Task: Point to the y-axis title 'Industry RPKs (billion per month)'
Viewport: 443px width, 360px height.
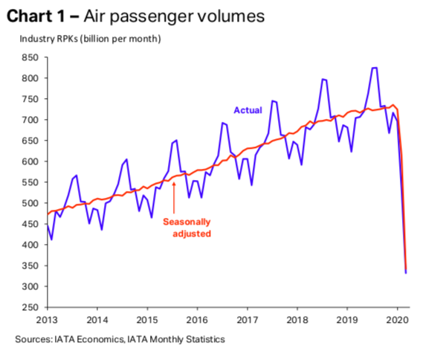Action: [x=91, y=39]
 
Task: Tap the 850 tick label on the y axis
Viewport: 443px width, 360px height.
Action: [x=30, y=57]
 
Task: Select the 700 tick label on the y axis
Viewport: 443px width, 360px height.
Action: [x=30, y=120]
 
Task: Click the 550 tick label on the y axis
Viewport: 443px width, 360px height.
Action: [x=30, y=182]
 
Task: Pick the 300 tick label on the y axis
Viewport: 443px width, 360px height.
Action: [x=30, y=286]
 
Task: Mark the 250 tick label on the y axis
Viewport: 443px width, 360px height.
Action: [x=30, y=307]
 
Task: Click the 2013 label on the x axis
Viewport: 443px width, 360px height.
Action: [x=47, y=320]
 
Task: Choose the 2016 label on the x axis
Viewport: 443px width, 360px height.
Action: [x=197, y=320]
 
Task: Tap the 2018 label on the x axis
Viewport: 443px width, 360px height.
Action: [x=297, y=320]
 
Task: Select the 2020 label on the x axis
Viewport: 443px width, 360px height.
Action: [x=398, y=320]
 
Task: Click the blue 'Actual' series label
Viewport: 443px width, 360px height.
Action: [x=248, y=110]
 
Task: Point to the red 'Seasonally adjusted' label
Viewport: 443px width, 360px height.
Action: [x=187, y=228]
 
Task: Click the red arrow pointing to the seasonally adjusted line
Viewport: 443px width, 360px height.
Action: [x=174, y=198]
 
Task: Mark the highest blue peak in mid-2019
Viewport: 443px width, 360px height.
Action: [x=375, y=68]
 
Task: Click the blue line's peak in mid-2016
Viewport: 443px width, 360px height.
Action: [x=223, y=123]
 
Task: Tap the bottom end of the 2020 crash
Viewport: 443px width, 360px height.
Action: [x=406, y=273]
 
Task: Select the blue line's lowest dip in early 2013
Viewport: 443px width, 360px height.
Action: [x=51, y=240]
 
